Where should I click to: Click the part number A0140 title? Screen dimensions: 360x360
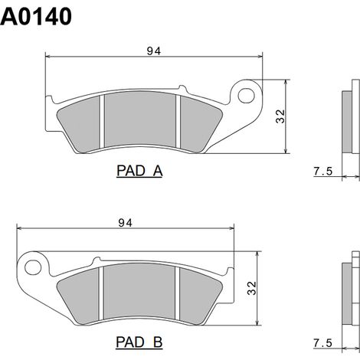[36, 16]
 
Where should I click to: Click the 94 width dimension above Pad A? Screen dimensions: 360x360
[154, 51]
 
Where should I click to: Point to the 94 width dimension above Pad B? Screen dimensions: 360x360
[126, 223]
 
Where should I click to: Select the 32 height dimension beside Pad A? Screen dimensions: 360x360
[280, 116]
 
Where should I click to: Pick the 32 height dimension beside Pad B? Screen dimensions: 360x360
[251, 288]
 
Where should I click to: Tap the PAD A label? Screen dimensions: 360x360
[139, 171]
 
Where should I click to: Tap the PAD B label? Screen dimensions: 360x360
[139, 342]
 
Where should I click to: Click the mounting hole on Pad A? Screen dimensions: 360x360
[246, 96]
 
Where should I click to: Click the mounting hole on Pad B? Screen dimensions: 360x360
[33, 267]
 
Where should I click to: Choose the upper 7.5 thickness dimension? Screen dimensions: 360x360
[323, 171]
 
